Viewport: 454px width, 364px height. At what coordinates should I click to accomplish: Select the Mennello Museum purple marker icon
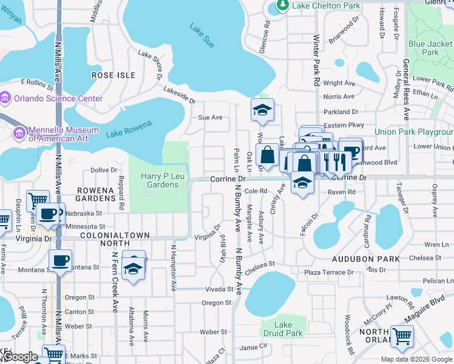(x=19, y=132)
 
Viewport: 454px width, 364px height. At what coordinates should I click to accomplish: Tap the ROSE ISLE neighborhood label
(x=113, y=75)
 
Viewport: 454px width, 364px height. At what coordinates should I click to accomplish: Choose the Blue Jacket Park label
(x=431, y=48)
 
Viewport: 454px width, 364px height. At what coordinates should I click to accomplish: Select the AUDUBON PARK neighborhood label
(x=365, y=258)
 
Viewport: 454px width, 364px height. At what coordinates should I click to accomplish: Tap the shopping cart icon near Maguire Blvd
(x=402, y=335)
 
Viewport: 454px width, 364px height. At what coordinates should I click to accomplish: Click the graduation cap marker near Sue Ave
(x=262, y=110)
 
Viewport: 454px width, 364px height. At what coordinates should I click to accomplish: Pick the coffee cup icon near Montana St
(x=59, y=261)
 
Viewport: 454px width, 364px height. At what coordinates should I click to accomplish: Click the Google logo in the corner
(x=20, y=357)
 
